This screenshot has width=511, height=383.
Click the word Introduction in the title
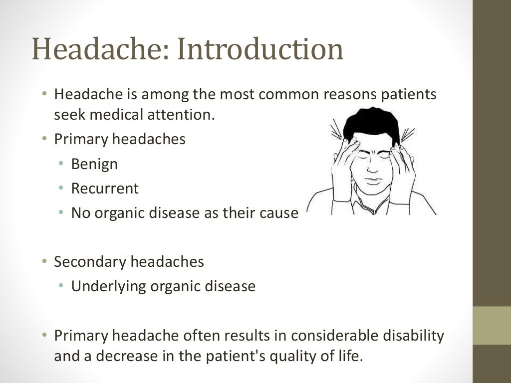point(260,50)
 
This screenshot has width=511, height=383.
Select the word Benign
point(94,164)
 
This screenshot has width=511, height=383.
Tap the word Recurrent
point(105,189)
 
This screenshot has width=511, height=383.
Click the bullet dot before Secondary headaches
point(44,261)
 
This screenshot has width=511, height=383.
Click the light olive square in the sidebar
point(492,325)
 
